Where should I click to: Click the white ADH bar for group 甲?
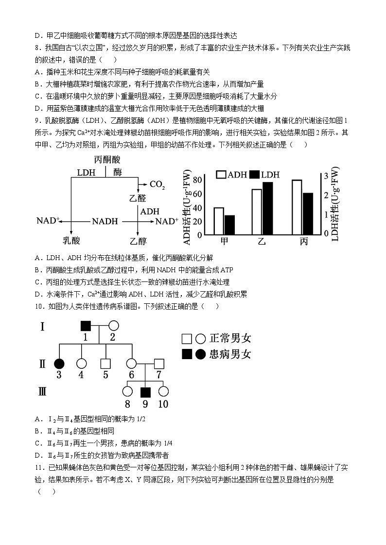[219, 221]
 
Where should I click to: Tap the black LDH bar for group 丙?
[308, 214]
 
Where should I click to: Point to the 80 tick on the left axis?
[197, 180]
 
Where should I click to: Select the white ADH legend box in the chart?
[221, 175]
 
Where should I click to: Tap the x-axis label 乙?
[262, 242]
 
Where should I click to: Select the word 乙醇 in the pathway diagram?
[138, 241]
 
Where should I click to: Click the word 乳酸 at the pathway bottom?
[71, 241]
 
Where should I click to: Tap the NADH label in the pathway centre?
[105, 221]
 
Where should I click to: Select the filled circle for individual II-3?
[59, 363]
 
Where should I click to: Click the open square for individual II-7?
[159, 363]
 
